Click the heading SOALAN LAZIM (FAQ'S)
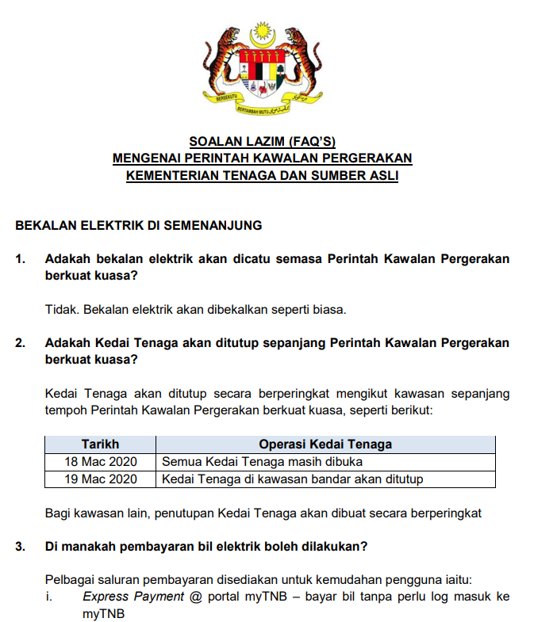[262, 143]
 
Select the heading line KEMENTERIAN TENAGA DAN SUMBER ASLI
[262, 174]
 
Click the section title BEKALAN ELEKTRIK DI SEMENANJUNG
[138, 226]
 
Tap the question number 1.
[20, 259]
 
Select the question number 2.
[20, 343]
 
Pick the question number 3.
[20, 547]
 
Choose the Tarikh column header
[100, 445]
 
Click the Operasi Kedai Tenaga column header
[325, 445]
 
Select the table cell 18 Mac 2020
[100, 461]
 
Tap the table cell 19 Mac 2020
[100, 479]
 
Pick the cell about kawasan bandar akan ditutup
[293, 479]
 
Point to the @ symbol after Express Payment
[196, 597]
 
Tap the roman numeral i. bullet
[49, 597]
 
